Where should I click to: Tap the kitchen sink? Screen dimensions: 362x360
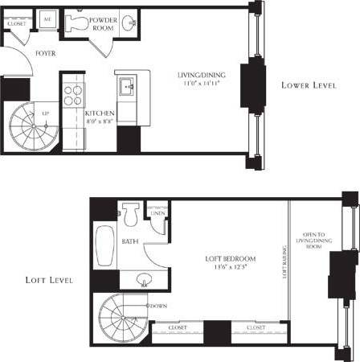pyautogui.click(x=127, y=84)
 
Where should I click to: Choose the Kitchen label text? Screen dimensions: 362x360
pyautogui.click(x=100, y=113)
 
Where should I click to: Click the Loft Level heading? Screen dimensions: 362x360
pyautogui.click(x=48, y=281)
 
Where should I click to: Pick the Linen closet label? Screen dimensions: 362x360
pyautogui.click(x=156, y=212)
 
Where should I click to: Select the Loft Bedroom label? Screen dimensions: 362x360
pyautogui.click(x=230, y=262)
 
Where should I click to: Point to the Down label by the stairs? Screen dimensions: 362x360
pyautogui.click(x=158, y=306)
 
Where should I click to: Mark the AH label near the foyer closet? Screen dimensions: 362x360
pyautogui.click(x=47, y=17)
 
